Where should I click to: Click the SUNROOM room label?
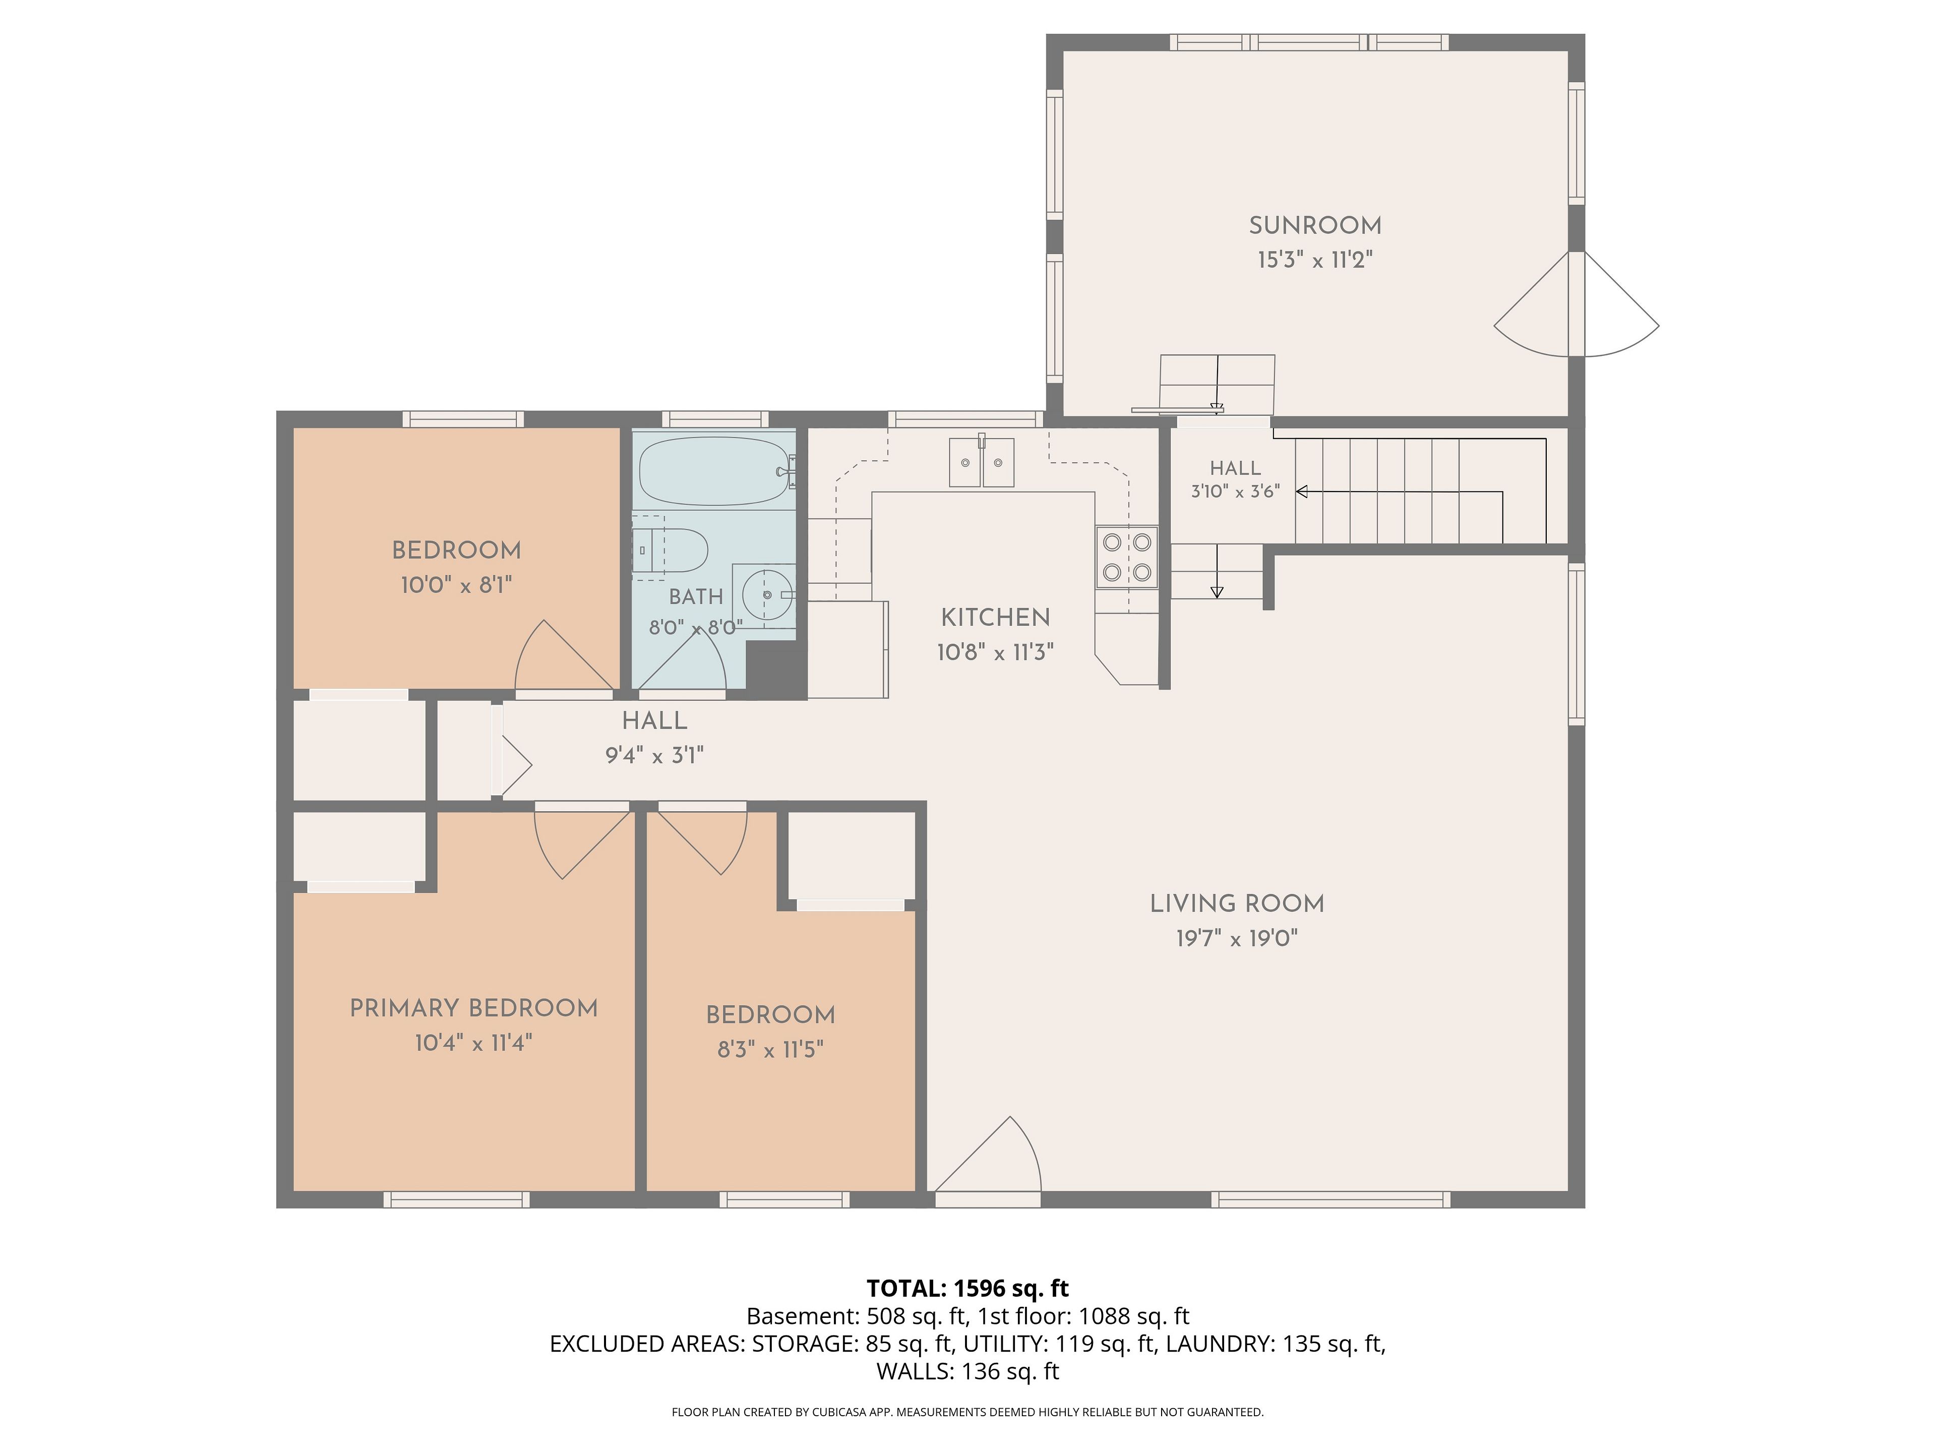point(1314,226)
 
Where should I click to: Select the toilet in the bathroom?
point(670,550)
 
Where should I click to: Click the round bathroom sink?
point(767,595)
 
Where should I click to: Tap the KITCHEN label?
point(995,618)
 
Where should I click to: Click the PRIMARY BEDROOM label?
point(473,1008)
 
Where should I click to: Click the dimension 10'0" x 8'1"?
point(456,585)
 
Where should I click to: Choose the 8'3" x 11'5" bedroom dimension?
point(770,1049)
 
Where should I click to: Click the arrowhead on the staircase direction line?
point(1301,492)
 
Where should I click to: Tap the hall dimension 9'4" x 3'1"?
point(655,755)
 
